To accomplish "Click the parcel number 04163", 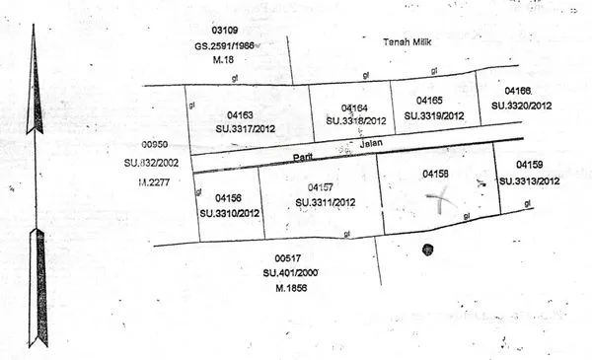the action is (x=240, y=114).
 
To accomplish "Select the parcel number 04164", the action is (x=354, y=108).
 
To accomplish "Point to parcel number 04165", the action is (x=429, y=101).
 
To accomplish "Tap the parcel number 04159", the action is (x=531, y=166).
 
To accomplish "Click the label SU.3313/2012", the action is (x=530, y=180).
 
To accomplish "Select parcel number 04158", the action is (x=435, y=174).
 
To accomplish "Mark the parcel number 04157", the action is (x=320, y=186).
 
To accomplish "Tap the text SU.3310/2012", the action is (x=229, y=212).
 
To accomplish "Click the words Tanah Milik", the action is (x=408, y=42).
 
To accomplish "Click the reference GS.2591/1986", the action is (x=223, y=46).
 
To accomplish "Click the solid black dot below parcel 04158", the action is (x=427, y=250).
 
